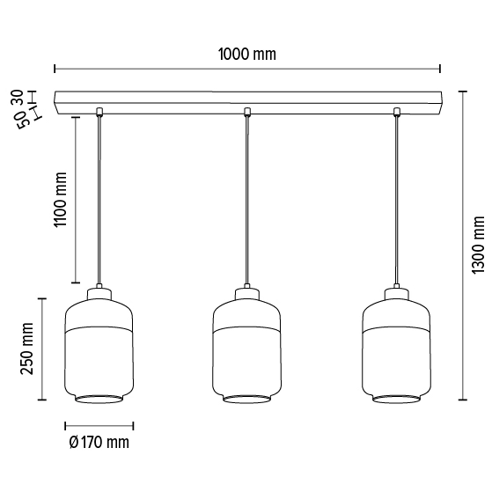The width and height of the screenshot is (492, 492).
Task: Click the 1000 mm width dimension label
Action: tap(246, 55)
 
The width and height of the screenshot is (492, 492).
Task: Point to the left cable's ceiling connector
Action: tap(98, 111)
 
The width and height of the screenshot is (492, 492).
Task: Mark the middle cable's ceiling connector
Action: tap(247, 111)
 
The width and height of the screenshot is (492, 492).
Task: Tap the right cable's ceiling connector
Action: tap(397, 111)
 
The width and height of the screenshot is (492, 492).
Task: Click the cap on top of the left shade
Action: tap(98, 291)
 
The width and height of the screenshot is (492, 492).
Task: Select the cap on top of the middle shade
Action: tap(247, 291)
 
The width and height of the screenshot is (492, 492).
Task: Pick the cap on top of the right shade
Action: tap(397, 291)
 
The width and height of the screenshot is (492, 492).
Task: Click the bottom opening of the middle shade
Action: tap(247, 399)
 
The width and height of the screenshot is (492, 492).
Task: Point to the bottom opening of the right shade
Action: tap(397, 399)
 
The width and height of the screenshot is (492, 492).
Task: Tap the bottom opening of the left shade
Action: tap(98, 399)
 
